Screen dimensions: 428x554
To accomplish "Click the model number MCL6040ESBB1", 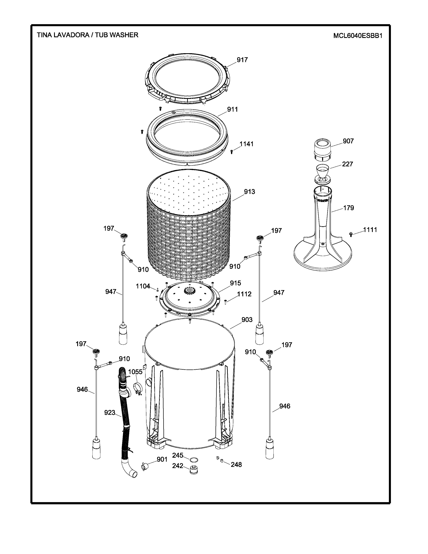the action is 358,36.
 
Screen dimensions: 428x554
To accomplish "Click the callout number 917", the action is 242,60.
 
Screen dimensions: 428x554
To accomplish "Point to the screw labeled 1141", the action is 231,152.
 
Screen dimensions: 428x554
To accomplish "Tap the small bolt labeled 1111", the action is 351,234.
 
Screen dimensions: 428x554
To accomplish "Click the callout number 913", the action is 249,192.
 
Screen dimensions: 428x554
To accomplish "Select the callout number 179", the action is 348,208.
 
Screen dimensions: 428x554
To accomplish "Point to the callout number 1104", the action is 143,286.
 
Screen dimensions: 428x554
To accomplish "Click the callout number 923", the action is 110,413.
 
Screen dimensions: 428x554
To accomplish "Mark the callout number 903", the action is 247,320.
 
